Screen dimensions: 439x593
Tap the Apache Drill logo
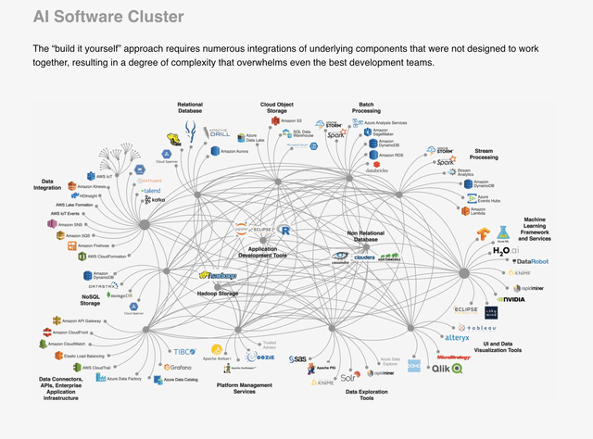coord(218,131)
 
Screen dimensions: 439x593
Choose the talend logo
coord(150,164)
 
